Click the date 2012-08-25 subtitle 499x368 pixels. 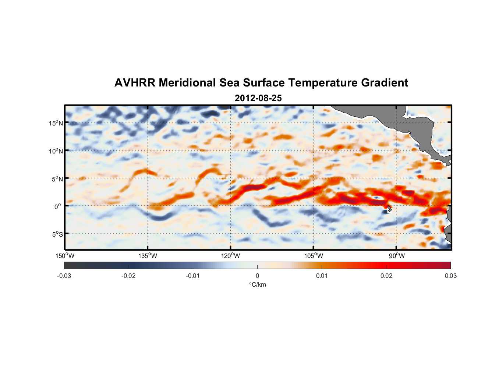(x=258, y=98)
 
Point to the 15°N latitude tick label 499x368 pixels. (x=56, y=123)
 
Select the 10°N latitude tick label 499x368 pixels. (x=56, y=151)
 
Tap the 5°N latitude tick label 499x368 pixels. (x=57, y=179)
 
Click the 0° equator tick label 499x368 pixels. (x=58, y=206)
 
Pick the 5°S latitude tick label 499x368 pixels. (x=57, y=234)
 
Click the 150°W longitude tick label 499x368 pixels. (x=65, y=256)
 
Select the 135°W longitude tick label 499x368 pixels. (x=148, y=256)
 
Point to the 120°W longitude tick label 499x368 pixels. (x=230, y=256)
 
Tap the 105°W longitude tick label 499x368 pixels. (x=314, y=256)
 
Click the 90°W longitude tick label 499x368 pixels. (x=397, y=256)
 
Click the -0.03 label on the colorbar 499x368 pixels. (x=64, y=276)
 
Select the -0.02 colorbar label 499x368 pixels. (x=128, y=276)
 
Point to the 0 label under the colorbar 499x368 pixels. (x=257, y=276)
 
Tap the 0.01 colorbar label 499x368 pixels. (x=322, y=276)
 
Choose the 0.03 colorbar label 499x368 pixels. (x=450, y=276)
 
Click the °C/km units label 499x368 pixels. (x=257, y=284)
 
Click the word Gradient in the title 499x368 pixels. (x=385, y=83)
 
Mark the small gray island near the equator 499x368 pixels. (x=389, y=208)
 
